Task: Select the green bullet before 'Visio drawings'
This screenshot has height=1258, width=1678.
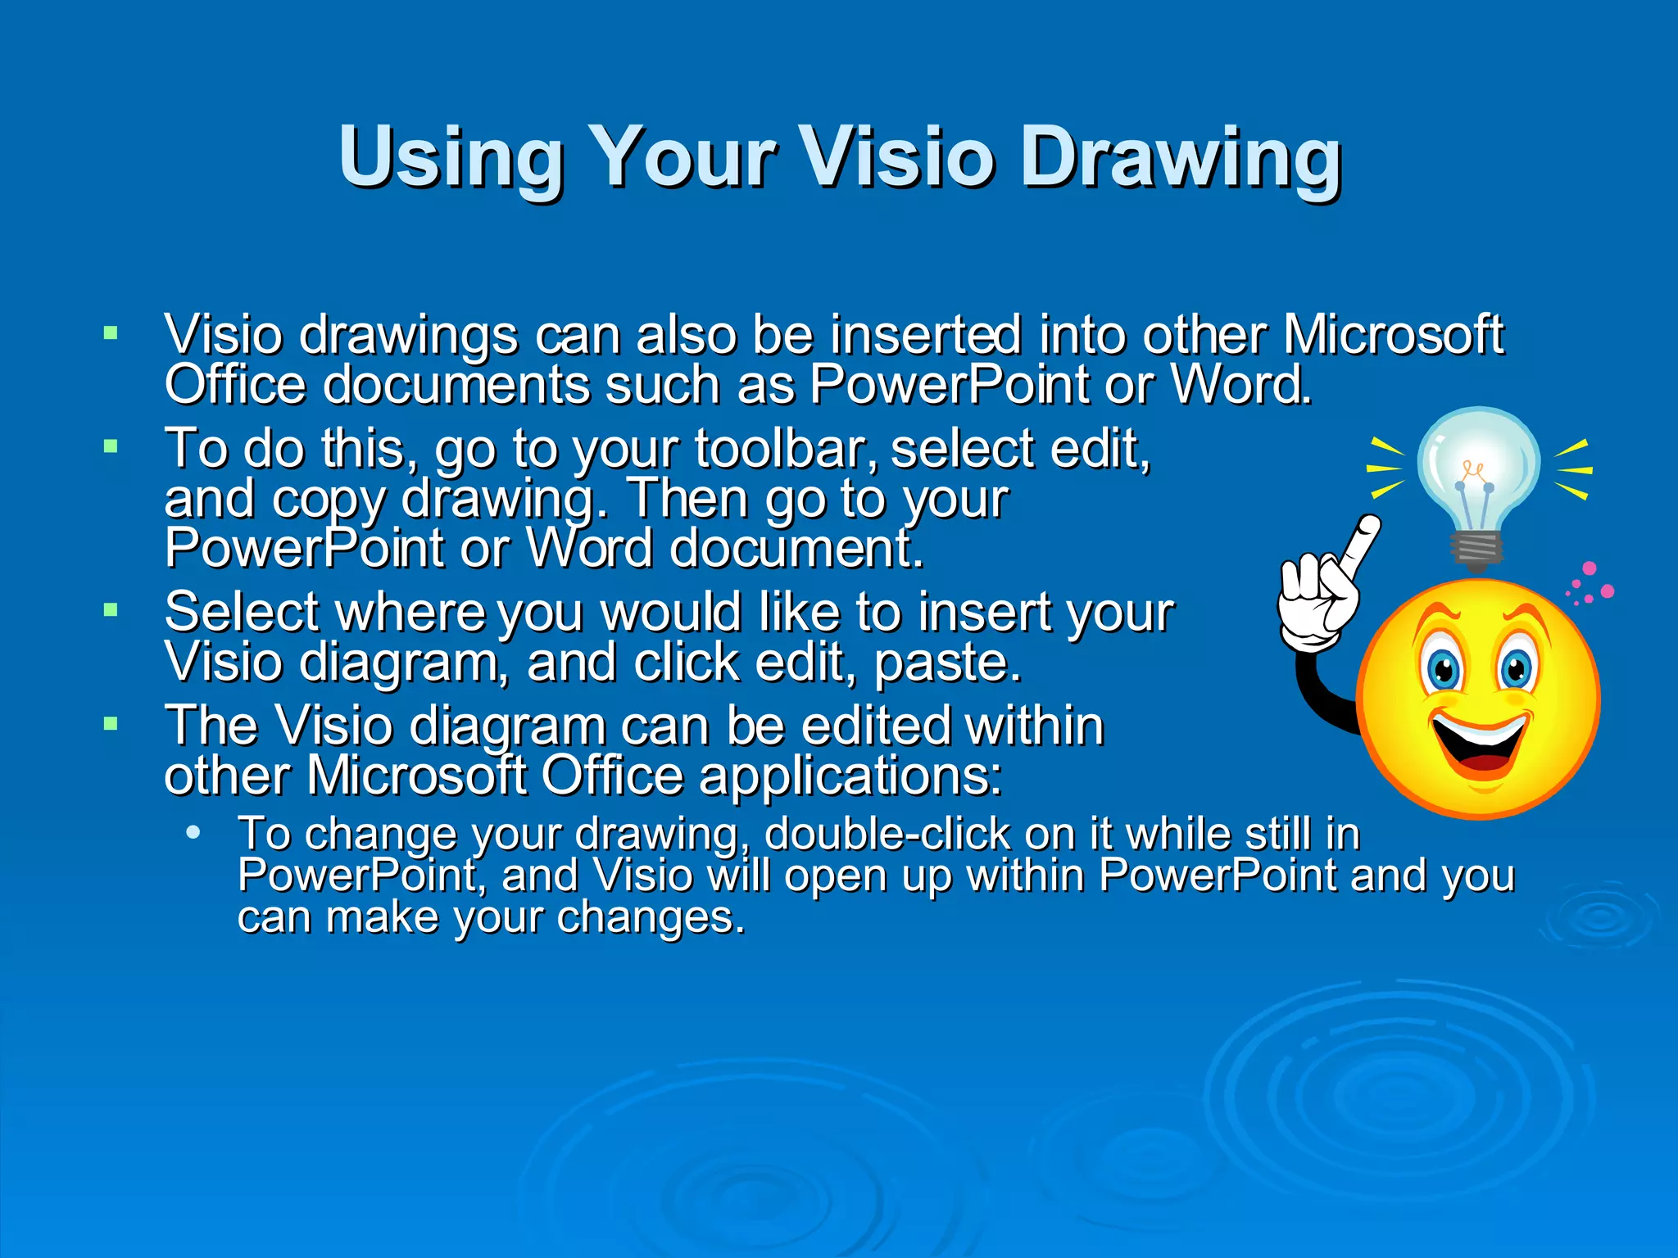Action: [x=111, y=333]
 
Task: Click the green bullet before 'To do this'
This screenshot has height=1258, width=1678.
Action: [x=111, y=446]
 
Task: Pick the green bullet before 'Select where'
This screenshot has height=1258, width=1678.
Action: [x=111, y=609]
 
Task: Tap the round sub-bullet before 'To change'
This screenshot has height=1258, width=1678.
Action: [x=193, y=833]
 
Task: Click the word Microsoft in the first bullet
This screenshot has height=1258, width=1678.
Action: [x=1393, y=335]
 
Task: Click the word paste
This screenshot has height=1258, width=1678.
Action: [x=948, y=663]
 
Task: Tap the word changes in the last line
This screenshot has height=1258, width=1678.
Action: [x=651, y=917]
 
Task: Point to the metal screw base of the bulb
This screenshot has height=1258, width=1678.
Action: [x=1476, y=550]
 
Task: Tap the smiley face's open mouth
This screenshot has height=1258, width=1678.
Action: [x=1480, y=741]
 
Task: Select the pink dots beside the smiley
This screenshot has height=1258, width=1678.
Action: [x=1590, y=583]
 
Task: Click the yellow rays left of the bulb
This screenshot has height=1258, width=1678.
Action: [x=1385, y=468]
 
